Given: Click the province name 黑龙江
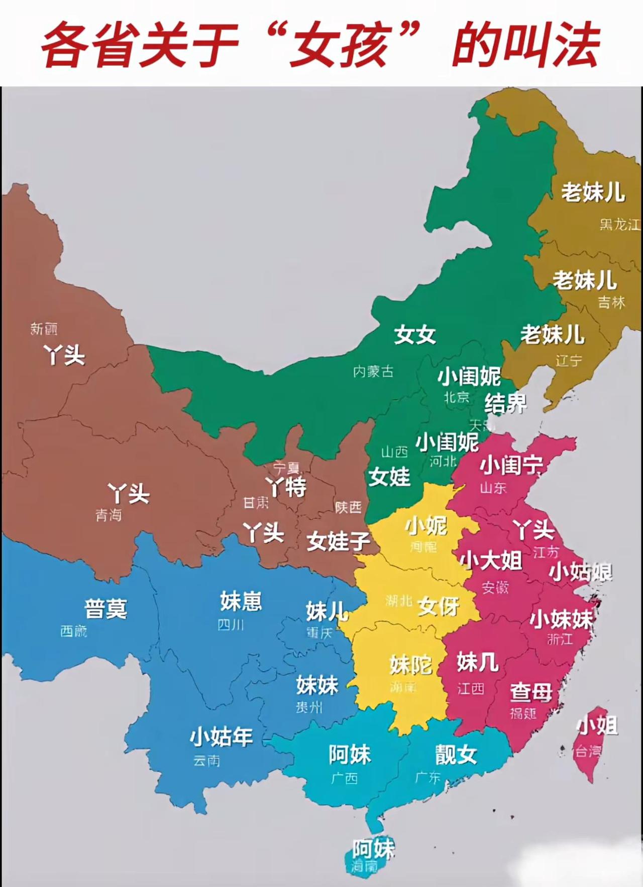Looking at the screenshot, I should click(620, 224).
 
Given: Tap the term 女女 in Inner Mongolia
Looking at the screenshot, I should click(414, 335).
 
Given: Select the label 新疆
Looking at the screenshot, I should click(44, 329).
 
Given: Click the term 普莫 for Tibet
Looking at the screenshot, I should click(105, 609).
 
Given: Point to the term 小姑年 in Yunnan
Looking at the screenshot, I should click(221, 737).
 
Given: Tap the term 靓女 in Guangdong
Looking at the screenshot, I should click(456, 754).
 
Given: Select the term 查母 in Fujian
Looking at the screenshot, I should click(531, 693).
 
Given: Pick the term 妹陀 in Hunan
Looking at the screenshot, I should click(411, 665).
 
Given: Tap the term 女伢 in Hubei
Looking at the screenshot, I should click(438, 607).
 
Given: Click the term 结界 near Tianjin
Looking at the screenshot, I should click(505, 403).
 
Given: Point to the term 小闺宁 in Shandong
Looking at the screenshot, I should click(511, 466).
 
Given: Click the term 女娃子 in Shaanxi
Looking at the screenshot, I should click(339, 541).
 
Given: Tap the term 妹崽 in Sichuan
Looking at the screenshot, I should click(241, 601).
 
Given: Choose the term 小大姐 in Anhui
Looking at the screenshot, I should click(491, 560).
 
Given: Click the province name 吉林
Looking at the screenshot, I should click(611, 303).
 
